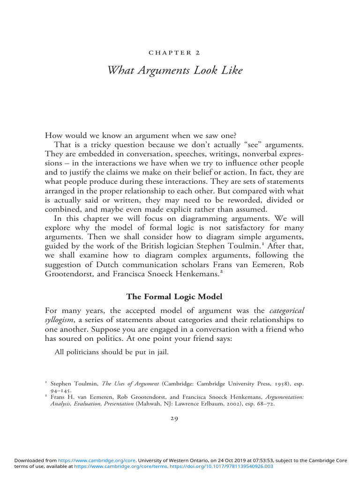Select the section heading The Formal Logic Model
tap(180, 296)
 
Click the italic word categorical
tap(287, 310)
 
